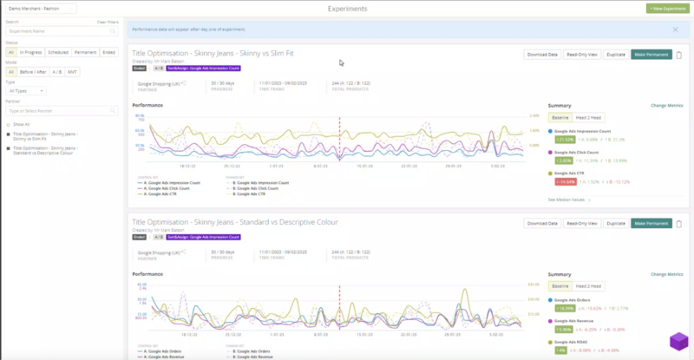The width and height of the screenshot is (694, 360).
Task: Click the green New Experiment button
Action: [x=668, y=9]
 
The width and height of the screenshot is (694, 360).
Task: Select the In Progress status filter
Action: [x=30, y=52]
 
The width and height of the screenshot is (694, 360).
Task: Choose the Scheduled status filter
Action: [x=58, y=52]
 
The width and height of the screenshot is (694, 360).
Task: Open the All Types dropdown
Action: [x=26, y=90]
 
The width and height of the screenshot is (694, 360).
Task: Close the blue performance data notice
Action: [x=676, y=29]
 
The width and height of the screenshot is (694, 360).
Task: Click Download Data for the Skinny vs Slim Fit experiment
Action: [x=541, y=55]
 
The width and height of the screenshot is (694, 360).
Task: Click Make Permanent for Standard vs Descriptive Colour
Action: [x=651, y=223]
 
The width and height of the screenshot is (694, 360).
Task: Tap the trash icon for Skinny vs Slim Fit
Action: [x=679, y=55]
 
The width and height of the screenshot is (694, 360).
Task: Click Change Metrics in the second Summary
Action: [x=667, y=274]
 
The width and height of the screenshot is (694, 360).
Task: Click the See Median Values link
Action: [x=569, y=200]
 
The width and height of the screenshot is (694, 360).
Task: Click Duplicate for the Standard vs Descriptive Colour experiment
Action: [x=617, y=223]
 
